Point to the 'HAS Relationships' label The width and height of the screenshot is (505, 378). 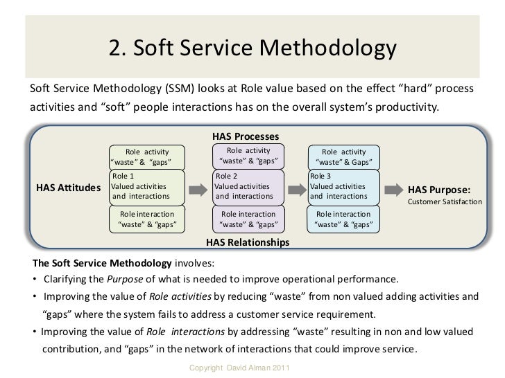click(x=248, y=243)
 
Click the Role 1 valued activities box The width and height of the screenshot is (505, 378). click(x=146, y=187)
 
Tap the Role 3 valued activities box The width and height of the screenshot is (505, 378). click(x=344, y=187)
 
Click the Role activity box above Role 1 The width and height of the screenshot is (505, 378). click(x=146, y=157)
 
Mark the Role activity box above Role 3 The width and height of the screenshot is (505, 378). click(x=344, y=157)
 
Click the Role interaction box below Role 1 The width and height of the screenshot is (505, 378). click(x=146, y=219)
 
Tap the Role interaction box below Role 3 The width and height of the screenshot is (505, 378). click(x=344, y=219)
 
